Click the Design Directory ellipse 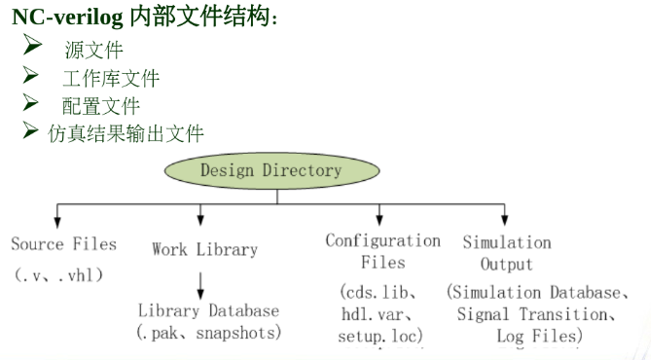271,171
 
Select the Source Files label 64,244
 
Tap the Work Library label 204,249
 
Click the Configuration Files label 382,251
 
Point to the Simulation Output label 506,253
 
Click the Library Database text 208,311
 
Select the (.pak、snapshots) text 208,333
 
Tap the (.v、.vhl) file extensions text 59,274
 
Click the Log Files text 539,336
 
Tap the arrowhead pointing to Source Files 57,221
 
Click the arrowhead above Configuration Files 380,221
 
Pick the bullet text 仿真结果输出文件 126,133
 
